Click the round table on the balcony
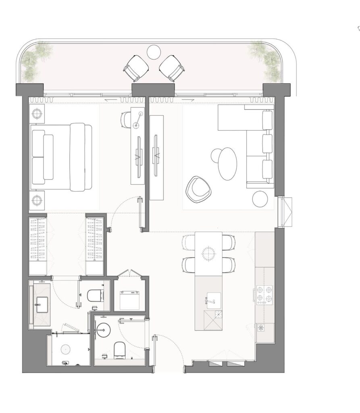click(x=153, y=51)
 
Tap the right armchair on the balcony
click(x=171, y=67)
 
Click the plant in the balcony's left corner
click(x=32, y=61)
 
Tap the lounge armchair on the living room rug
click(x=197, y=189)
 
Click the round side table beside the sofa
click(x=260, y=198)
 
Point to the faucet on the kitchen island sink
click(x=209, y=300)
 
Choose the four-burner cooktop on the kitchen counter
click(x=263, y=294)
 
